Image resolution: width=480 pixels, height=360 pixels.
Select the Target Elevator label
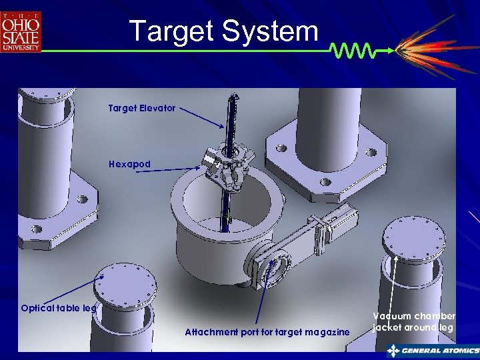tap(142, 108)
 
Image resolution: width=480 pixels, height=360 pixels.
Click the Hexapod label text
tap(130, 164)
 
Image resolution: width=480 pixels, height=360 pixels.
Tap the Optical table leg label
tap(59, 309)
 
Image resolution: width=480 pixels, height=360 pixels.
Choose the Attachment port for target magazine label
tap(267, 332)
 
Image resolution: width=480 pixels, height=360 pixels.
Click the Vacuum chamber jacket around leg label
tap(414, 321)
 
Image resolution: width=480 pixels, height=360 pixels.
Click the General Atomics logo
tap(433, 351)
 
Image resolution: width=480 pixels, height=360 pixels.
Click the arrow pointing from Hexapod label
tap(173, 171)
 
